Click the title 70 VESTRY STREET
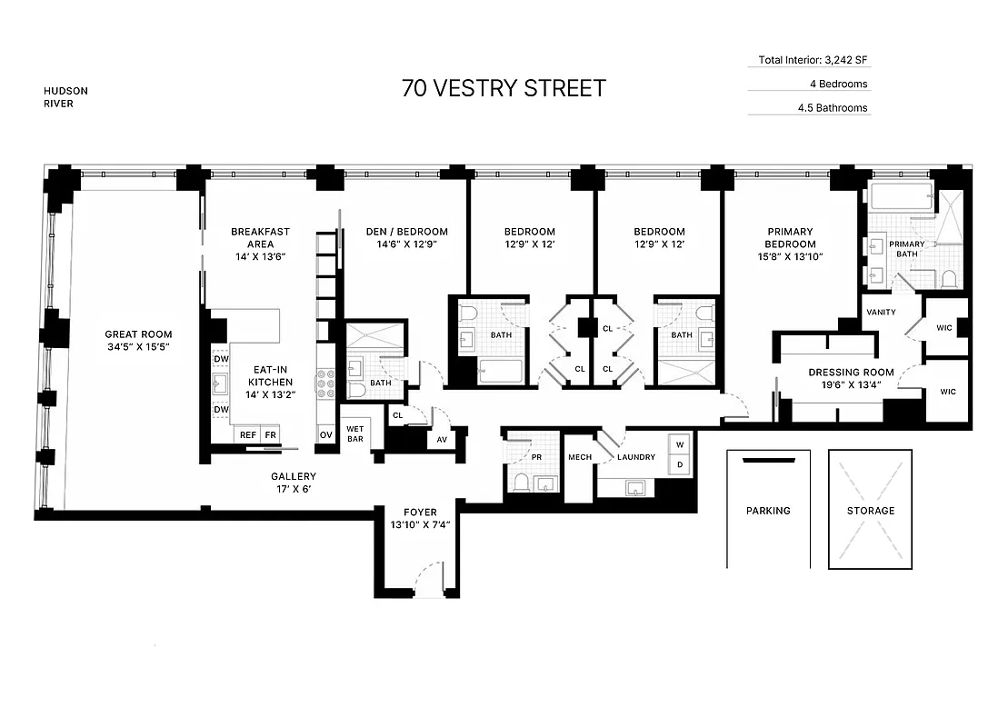click(x=504, y=88)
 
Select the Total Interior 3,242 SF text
click(x=808, y=61)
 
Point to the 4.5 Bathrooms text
click(x=832, y=108)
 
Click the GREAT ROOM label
click(x=138, y=334)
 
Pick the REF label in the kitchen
click(x=248, y=435)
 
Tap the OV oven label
click(x=325, y=435)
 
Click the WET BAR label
click(x=354, y=433)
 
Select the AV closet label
click(x=443, y=440)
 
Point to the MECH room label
click(x=579, y=457)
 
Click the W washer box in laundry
click(x=678, y=445)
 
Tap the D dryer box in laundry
click(x=678, y=464)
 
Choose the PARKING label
click(x=768, y=511)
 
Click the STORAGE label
click(x=870, y=511)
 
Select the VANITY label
click(x=881, y=313)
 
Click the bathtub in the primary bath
click(x=901, y=194)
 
